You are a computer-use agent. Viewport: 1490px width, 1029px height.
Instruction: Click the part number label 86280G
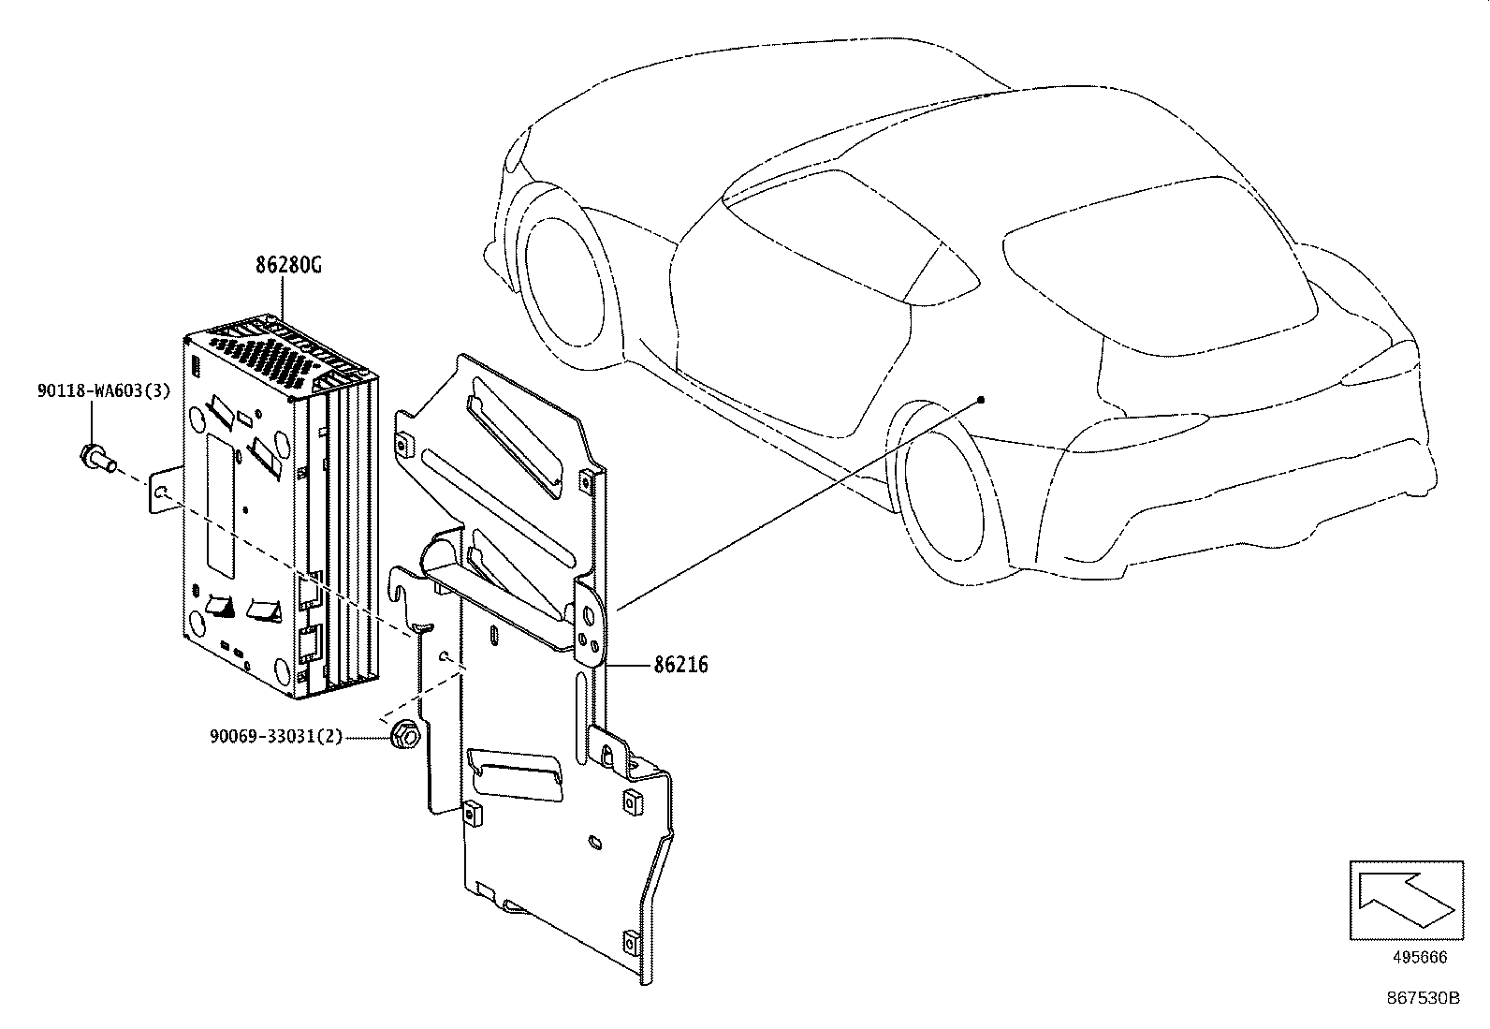tap(288, 265)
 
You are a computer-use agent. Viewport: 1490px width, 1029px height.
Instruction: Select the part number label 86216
tap(680, 666)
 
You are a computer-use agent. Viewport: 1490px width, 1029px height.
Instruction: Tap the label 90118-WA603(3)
tap(104, 391)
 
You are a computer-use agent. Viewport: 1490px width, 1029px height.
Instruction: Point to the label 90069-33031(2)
tap(275, 738)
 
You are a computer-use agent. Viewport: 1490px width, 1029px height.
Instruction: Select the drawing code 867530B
tap(1423, 997)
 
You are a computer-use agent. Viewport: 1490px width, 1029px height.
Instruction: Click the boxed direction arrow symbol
tap(1406, 900)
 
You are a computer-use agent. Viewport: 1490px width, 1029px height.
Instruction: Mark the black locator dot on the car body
tap(981, 400)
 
